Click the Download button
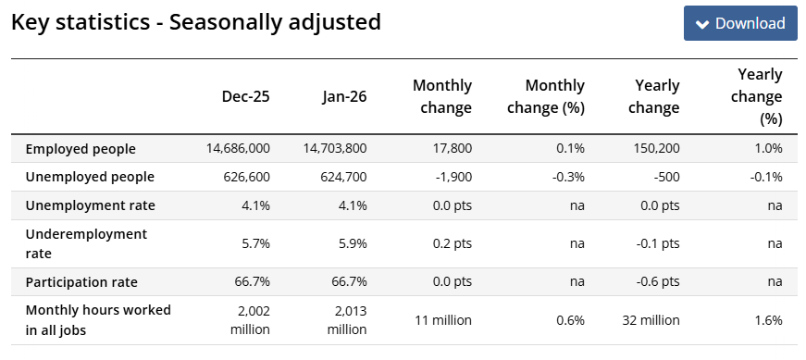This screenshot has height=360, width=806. [740, 23]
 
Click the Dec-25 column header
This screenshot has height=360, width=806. [246, 96]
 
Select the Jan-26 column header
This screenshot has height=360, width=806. [344, 96]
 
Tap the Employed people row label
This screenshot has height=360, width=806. [81, 149]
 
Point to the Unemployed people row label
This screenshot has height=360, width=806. [90, 177]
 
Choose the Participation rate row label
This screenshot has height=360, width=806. [81, 282]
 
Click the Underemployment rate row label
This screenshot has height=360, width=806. [86, 243]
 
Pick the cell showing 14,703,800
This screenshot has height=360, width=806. [333, 149]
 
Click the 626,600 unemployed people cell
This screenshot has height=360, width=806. [247, 178]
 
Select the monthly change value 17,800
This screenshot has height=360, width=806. [452, 149]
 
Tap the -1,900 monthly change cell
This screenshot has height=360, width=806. [453, 178]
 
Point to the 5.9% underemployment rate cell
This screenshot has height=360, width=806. [354, 243]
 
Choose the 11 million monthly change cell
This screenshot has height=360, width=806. [443, 320]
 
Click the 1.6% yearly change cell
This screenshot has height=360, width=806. [770, 320]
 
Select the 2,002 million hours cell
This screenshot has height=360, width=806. [250, 320]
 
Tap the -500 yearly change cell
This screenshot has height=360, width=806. [666, 178]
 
